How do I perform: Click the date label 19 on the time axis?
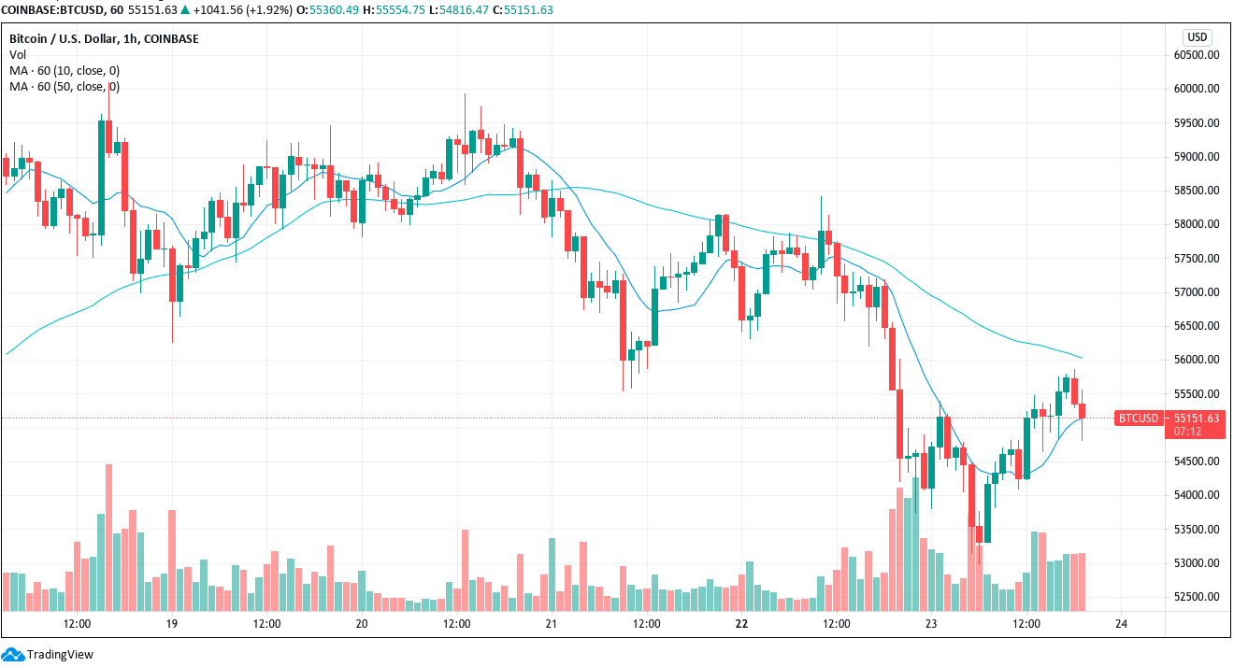(171, 623)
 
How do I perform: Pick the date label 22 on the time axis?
(741, 623)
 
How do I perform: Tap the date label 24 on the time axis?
(1121, 623)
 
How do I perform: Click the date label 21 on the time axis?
(552, 623)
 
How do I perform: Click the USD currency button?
(1197, 37)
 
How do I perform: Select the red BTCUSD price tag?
(1138, 418)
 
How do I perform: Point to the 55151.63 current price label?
(1198, 418)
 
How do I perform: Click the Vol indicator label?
(18, 55)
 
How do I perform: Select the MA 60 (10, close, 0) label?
(65, 71)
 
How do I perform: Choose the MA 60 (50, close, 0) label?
(65, 87)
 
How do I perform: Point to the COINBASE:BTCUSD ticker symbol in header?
(54, 10)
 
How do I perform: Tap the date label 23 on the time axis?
(931, 623)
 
